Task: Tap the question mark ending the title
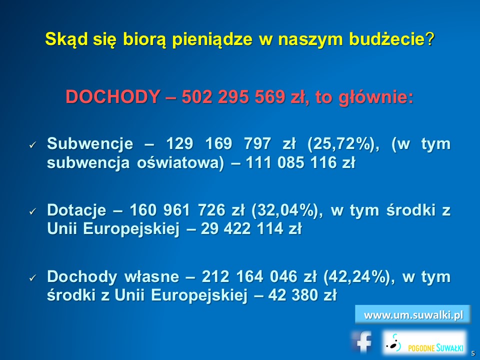430,38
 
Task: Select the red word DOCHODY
112,96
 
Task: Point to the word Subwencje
90,144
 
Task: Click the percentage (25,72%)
343,144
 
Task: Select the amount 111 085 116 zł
300,162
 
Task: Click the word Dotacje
76,210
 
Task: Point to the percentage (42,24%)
359,276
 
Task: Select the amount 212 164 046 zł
259,276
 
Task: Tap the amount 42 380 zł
302,295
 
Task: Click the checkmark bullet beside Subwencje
33,145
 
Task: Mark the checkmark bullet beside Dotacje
33,211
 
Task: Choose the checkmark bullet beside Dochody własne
33,277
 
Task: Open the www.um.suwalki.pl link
413,314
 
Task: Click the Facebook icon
362,341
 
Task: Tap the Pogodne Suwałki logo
425,342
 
